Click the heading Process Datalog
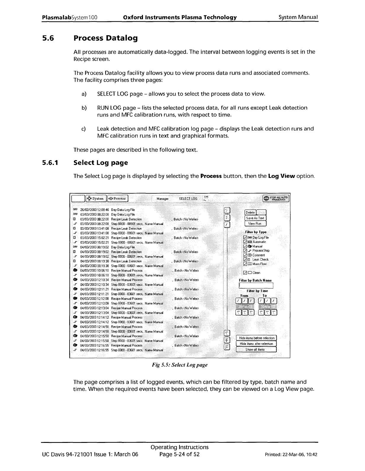coord(105,38)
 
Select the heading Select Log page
coord(100,163)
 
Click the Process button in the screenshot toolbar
coord(118,199)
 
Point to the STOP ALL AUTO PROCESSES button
coord(276,198)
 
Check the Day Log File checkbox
coord(245,237)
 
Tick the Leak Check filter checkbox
coord(245,260)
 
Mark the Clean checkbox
coord(245,273)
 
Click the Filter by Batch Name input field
coord(256,286)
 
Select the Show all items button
coord(256,350)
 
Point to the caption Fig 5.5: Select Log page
coord(180,365)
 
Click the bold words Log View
coord(281,176)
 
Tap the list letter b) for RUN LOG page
coord(84,108)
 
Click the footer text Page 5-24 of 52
coord(179,454)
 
